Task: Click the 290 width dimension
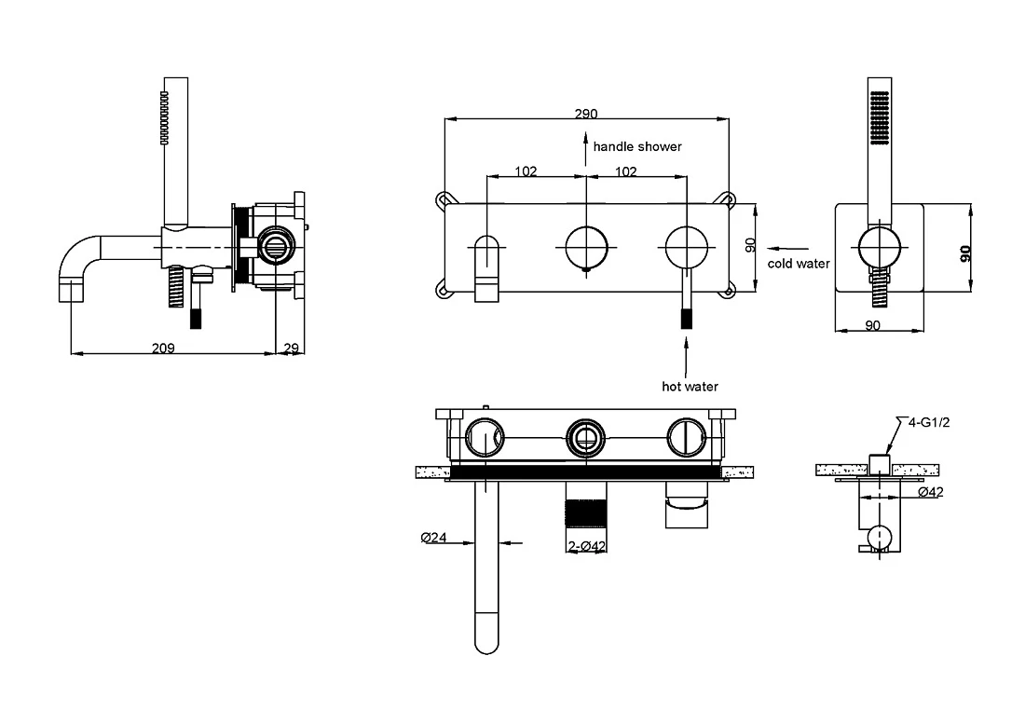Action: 586,114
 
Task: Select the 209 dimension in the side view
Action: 163,348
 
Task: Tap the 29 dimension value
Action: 291,348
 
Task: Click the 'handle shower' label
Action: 637,146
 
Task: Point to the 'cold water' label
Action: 799,264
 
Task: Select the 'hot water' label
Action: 690,386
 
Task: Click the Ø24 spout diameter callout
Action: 433,537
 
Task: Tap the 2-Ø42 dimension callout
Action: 586,546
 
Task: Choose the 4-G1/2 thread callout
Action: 928,422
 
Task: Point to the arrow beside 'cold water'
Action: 787,248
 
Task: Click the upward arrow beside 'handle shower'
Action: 586,148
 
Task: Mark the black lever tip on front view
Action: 687,319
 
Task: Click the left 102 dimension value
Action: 526,171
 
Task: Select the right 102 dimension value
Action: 625,171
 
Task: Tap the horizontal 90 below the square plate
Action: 873,325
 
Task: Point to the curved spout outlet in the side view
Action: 71,290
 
